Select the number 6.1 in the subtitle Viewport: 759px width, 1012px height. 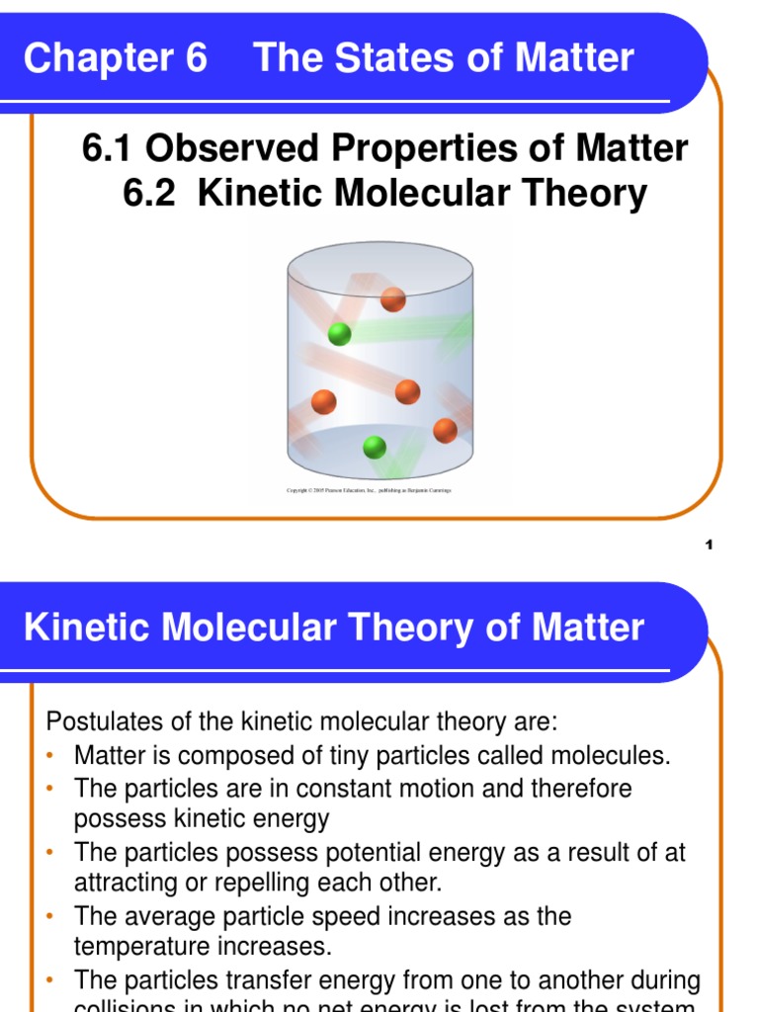pos(110,148)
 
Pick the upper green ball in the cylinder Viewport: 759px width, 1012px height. pos(339,334)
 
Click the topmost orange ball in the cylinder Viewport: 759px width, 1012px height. pos(393,298)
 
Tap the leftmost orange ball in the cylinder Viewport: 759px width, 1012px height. pos(323,402)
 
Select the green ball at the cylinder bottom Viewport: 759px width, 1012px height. pos(375,447)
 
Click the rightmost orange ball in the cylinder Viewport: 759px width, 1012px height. pos(445,431)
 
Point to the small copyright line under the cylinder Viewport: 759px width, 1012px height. pos(369,490)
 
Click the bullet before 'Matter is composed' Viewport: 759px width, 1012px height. pos(51,757)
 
